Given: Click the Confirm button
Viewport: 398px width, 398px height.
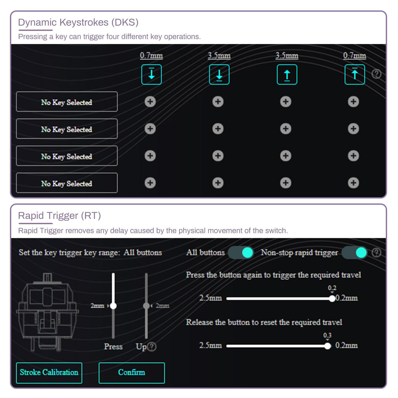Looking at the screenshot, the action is pyautogui.click(x=132, y=373).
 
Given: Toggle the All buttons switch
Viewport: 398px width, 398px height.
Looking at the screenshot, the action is pyautogui.click(x=241, y=252).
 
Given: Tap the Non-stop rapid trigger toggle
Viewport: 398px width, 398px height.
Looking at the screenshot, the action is pyautogui.click(x=355, y=252).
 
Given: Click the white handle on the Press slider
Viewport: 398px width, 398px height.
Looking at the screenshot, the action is pyautogui.click(x=113, y=306).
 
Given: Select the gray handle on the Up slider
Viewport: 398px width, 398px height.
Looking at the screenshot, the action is pyautogui.click(x=146, y=306).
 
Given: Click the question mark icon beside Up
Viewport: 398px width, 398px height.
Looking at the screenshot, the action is pyautogui.click(x=152, y=347).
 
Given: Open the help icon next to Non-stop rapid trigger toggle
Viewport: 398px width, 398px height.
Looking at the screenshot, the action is pyautogui.click(x=376, y=252).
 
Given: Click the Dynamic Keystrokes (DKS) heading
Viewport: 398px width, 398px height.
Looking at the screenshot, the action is pyautogui.click(x=78, y=22).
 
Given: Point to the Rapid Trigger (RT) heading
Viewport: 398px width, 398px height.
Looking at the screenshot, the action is pyautogui.click(x=59, y=215).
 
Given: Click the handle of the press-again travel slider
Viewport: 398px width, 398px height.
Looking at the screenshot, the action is pyautogui.click(x=332, y=299).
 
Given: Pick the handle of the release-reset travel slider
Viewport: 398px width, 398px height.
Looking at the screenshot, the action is pyautogui.click(x=327, y=346).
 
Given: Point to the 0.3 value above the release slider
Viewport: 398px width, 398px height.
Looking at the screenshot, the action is pyautogui.click(x=327, y=335).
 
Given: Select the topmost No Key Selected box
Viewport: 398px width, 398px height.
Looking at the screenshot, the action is pyautogui.click(x=67, y=101).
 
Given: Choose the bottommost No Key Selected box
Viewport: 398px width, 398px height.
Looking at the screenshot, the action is pyautogui.click(x=67, y=183).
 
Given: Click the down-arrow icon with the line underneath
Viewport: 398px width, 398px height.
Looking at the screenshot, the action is pyautogui.click(x=219, y=74).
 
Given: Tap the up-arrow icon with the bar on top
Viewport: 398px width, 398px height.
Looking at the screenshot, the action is pyautogui.click(x=355, y=74).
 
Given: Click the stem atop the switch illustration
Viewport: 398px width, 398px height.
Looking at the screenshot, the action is pyautogui.click(x=47, y=277).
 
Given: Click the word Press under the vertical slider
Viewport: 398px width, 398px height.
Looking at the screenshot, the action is pyautogui.click(x=113, y=347).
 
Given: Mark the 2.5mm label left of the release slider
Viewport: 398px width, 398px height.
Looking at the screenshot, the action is pyautogui.click(x=210, y=345).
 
